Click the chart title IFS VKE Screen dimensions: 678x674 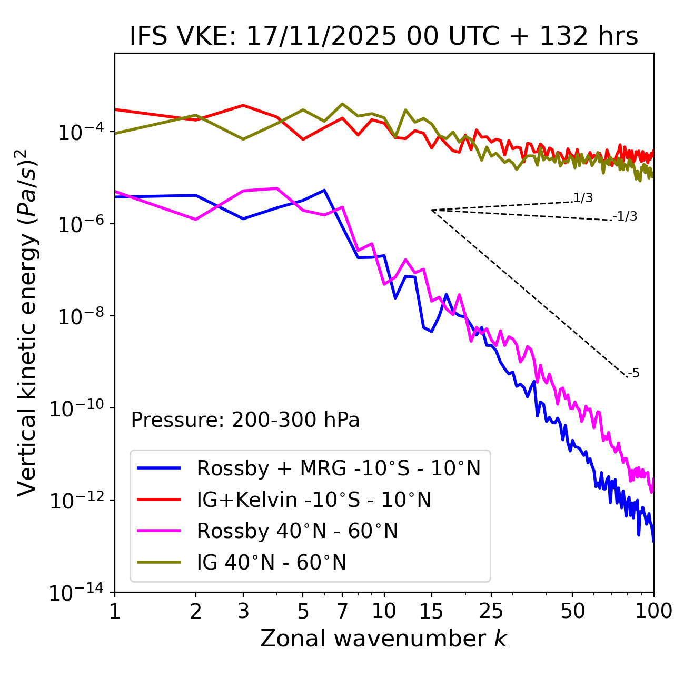click(383, 37)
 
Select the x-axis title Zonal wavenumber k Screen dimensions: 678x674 click(383, 638)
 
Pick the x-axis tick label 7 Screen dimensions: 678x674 click(342, 611)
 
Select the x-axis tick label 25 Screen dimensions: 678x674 click(491, 611)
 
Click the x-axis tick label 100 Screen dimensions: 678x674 click(653, 611)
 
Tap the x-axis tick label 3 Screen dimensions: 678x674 click(243, 611)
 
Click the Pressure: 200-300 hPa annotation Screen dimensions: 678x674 click(245, 420)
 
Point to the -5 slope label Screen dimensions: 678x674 click(633, 374)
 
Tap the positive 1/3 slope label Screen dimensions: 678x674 click(583, 198)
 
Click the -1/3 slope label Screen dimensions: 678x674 click(625, 216)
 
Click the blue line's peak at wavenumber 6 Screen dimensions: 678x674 click(324, 190)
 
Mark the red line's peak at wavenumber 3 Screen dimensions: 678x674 click(243, 105)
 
